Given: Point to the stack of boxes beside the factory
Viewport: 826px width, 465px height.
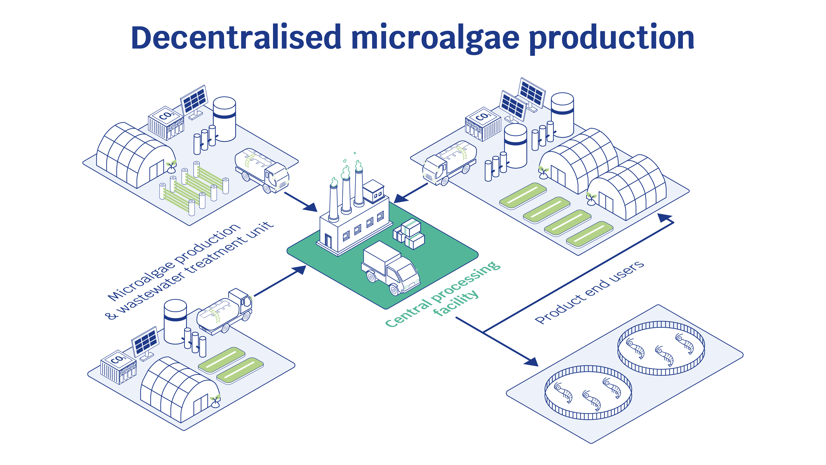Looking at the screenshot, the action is [409, 234].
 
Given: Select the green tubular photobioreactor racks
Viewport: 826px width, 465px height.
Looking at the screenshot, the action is [194, 188].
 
